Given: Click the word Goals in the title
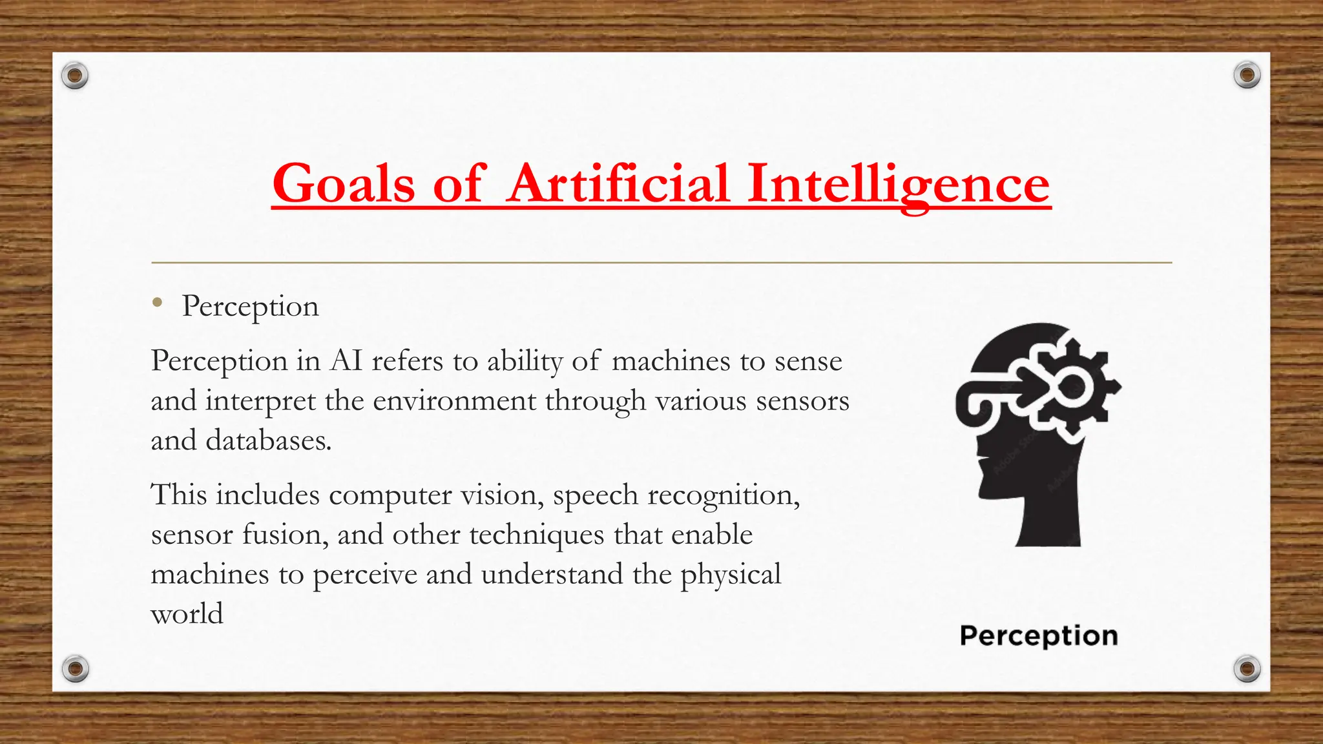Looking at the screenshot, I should click(342, 183).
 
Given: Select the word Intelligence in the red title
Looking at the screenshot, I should click(899, 185).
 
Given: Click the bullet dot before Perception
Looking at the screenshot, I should click(157, 302).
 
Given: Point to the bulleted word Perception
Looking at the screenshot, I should click(251, 306).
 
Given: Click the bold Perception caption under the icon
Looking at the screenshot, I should click(1039, 636).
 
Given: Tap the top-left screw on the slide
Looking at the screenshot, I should click(75, 76).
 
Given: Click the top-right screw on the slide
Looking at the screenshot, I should click(1247, 76).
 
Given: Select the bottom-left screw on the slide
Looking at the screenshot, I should click(75, 668).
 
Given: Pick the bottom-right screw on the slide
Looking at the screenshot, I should click(1247, 668).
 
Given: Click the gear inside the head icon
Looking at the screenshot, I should click(1076, 387).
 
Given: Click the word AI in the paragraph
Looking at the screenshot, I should click(346, 360).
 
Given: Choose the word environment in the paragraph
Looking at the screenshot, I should click(454, 400).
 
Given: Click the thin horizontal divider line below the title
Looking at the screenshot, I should click(661, 263).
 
